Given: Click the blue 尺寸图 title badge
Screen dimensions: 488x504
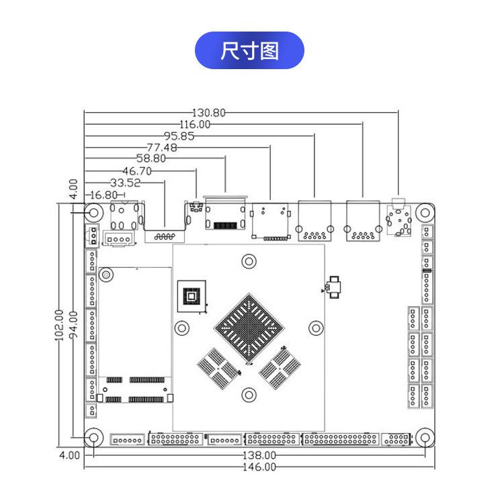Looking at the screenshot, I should coord(249,50).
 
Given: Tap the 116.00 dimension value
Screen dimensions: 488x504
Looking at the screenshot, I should coord(195,124).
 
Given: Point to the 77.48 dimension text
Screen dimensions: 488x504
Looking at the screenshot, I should coord(162,147).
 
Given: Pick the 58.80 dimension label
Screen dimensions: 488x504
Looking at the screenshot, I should coord(151,158).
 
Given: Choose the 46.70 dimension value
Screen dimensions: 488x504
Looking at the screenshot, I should coord(137,170).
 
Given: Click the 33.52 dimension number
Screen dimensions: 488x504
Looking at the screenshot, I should coord(125,182).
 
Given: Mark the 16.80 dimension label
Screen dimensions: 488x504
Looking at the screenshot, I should coord(104,195).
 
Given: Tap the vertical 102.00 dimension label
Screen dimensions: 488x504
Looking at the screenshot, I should coord(59,325).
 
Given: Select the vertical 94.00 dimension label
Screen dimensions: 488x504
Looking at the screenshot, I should coord(73,325).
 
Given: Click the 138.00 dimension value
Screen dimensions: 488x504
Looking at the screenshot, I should coord(259,455).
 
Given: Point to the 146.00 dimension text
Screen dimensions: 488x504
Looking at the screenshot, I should coord(259,467).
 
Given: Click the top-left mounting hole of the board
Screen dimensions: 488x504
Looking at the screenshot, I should coord(93,212).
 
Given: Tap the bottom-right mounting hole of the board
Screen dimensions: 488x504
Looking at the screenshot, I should coord(424,438).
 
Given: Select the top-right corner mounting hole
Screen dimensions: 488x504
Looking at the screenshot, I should coord(424,212).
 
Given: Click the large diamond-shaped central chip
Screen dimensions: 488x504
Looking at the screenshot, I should coord(249,327).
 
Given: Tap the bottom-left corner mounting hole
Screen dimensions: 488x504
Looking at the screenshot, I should coord(93,438).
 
